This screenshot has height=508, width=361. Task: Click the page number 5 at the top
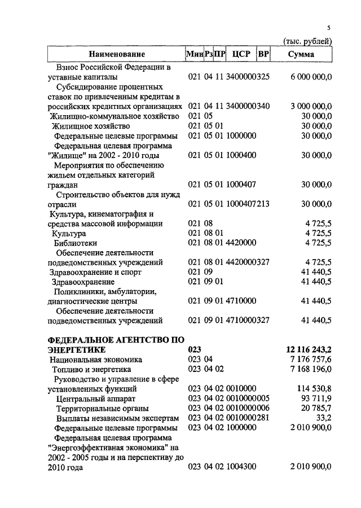329,28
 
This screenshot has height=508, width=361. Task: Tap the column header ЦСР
241,54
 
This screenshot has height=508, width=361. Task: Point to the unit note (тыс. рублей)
307,41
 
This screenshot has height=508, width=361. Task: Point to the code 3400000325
248,76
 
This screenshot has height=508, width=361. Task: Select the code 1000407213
248,204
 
